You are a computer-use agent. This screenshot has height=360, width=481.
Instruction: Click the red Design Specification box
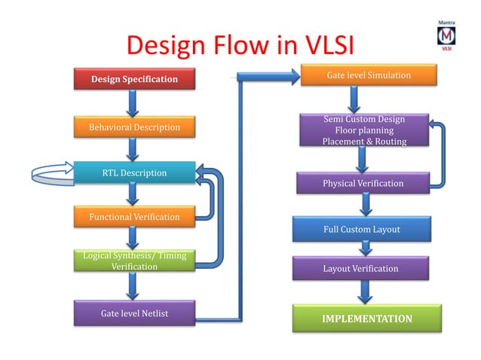point(134,78)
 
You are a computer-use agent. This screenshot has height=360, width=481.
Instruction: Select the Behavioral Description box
point(134,127)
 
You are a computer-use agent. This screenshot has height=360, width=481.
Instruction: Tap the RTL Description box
point(134,173)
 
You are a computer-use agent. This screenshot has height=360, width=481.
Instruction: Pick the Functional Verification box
point(134,217)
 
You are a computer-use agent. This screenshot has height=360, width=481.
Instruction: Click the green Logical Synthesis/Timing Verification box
point(134,261)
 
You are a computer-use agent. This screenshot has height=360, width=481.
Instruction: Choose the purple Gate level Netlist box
point(134,312)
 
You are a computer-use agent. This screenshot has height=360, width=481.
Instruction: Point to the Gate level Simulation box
point(369,76)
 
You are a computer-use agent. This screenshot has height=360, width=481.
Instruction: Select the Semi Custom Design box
point(363,130)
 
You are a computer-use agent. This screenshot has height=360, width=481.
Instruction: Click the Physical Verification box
point(363,183)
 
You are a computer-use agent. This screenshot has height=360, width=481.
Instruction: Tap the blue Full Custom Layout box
point(362,229)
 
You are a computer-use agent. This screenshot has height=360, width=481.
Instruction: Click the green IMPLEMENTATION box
point(366,319)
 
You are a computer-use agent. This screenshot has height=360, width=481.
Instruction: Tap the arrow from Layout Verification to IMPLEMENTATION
point(366,292)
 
